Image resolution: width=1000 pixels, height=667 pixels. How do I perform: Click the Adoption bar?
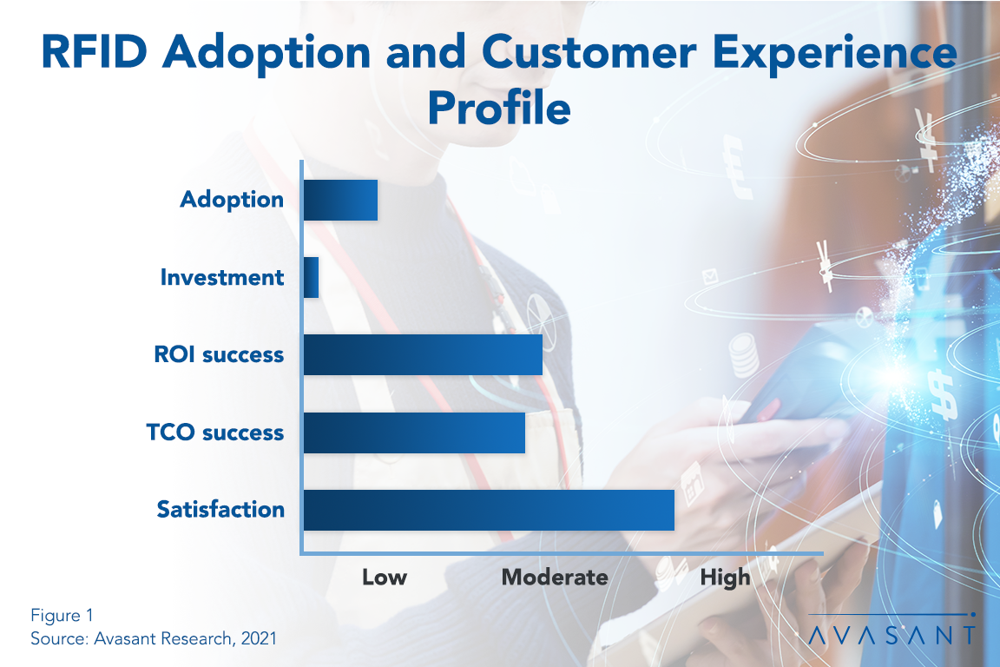click(x=340, y=200)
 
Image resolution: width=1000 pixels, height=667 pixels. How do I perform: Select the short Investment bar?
click(x=311, y=278)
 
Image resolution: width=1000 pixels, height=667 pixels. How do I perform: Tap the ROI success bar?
click(x=423, y=354)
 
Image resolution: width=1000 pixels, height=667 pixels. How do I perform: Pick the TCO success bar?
click(x=414, y=433)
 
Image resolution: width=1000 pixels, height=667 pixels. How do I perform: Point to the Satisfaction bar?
click(x=489, y=510)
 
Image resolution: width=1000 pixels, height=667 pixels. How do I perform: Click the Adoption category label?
click(x=232, y=200)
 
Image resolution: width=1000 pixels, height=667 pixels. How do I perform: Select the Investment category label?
click(x=222, y=278)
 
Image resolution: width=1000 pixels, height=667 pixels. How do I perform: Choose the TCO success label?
click(x=216, y=433)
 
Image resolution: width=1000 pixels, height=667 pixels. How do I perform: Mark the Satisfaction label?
click(x=220, y=510)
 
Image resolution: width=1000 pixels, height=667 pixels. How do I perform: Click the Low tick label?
click(x=385, y=578)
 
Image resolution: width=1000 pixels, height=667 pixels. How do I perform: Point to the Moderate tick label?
click(x=555, y=578)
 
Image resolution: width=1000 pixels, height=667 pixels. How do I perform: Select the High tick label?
click(x=726, y=578)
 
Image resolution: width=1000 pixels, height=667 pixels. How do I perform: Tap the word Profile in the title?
click(x=499, y=110)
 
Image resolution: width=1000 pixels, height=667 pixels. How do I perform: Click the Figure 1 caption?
click(x=62, y=616)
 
